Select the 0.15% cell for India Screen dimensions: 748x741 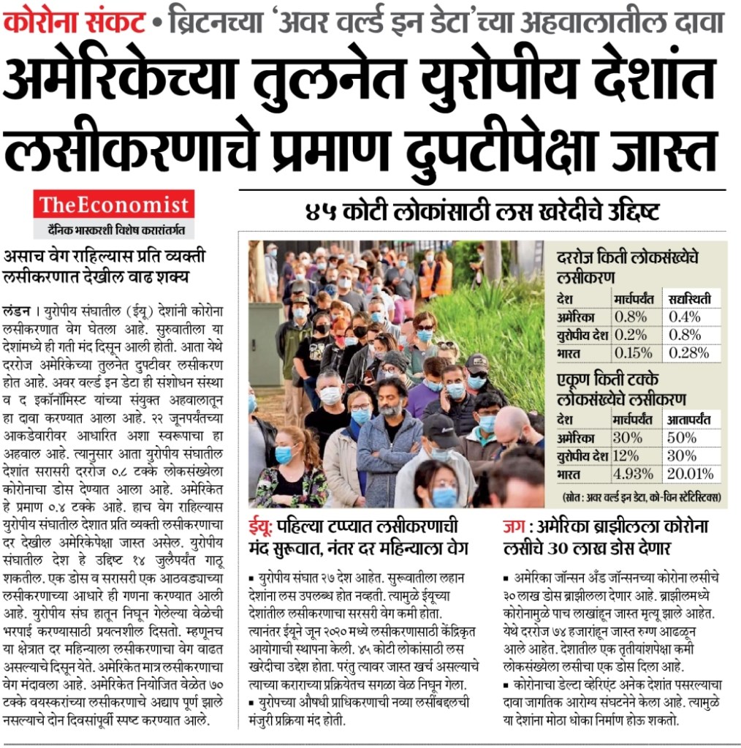633,353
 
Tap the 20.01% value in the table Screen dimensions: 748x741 689,474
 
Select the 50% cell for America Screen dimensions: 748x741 683,439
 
